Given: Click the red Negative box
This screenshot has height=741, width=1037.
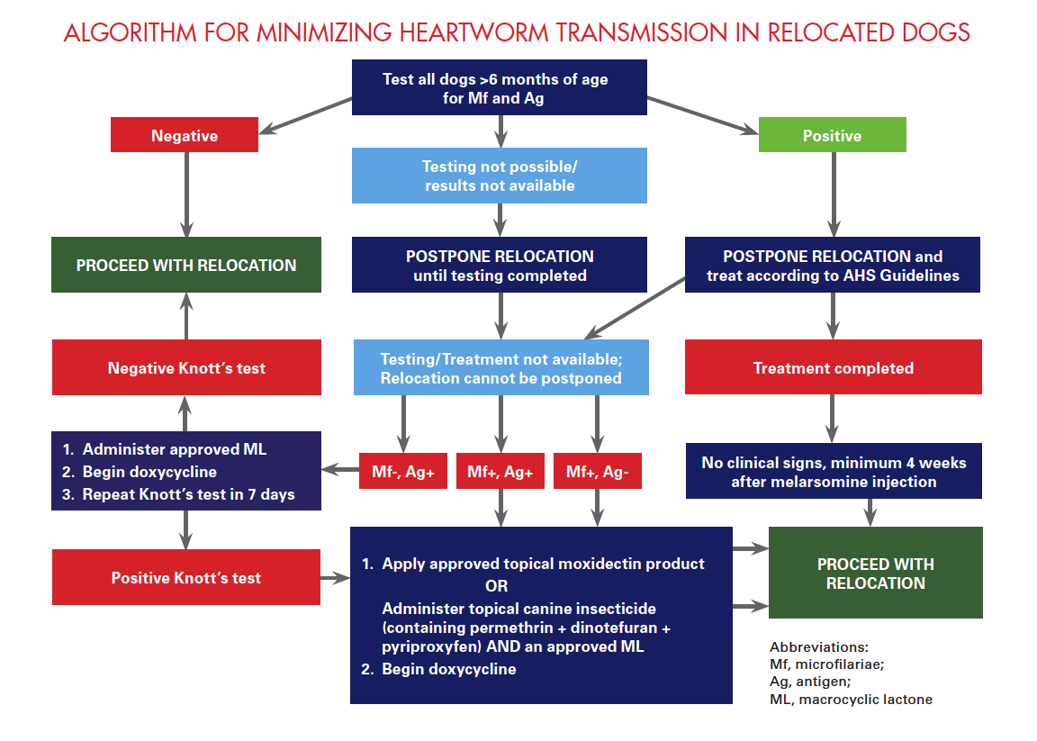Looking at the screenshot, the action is pos(185,135).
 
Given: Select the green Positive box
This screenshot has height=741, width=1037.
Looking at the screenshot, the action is pos(832,135).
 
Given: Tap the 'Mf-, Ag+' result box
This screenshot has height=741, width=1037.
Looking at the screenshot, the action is pos(402,471).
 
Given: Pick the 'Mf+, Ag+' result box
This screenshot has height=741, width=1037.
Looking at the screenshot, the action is pos(500,471).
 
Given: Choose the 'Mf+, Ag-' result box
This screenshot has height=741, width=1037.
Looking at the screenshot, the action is pos(597,471).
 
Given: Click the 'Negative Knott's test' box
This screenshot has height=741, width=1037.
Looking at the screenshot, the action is pos(186,368).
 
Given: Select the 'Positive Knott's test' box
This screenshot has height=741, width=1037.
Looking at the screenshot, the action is pos(186,577).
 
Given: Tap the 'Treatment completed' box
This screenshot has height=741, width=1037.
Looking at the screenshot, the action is pos(834,367).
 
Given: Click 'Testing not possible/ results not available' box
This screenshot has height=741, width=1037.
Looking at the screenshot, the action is pos(500,176).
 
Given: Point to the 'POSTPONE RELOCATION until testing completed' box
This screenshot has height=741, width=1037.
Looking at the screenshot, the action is pos(500,265).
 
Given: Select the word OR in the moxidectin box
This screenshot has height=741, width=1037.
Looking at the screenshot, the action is pos(497,586).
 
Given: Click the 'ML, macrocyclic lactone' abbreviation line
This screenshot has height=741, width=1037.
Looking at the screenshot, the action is pos(852,700).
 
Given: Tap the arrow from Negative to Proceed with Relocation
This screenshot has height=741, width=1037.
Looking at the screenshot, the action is pos(186,194).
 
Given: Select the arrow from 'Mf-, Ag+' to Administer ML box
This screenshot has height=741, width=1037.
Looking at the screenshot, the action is pos(340,470).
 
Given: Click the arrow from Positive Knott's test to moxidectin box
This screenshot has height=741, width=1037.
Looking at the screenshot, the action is pos(335,578).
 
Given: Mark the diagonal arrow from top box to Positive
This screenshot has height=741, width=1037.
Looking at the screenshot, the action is pos(702,115).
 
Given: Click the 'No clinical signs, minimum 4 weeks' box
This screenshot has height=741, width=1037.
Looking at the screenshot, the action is pos(834,471).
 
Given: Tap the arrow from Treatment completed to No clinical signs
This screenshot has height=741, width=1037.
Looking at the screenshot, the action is pos(832,419).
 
